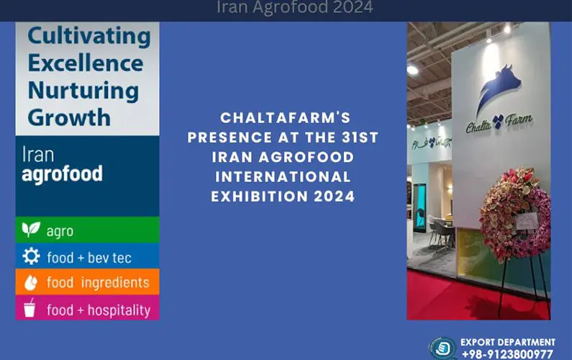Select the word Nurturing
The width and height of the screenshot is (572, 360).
coord(83,90)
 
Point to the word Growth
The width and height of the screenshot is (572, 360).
coord(69,117)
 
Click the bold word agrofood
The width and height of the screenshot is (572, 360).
coord(62,174)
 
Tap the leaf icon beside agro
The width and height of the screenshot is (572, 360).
coord(31,230)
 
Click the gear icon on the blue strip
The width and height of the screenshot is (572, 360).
coord(31,256)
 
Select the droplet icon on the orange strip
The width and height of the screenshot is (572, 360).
coord(31,282)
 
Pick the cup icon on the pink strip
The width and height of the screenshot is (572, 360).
coord(30,308)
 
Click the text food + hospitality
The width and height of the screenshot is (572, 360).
coord(99,310)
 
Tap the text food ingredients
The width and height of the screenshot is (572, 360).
coord(98,283)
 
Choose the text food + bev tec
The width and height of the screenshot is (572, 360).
coord(89,257)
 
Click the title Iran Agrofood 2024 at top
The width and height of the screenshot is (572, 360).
coord(295,8)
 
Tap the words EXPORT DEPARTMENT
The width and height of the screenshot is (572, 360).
coord(507,342)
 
